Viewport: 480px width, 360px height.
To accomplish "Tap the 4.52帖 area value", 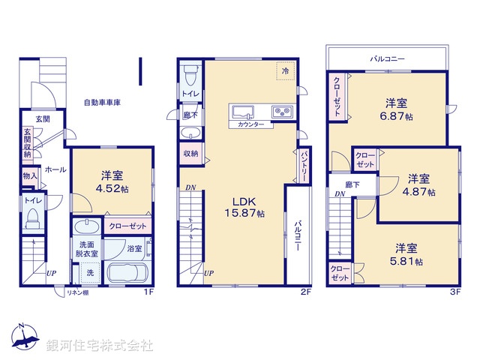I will point(113,189).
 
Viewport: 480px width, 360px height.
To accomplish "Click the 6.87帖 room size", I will point(397,116).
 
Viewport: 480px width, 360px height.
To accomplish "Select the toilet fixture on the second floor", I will point(189,76).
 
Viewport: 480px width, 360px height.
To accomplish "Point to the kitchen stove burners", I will point(284,112).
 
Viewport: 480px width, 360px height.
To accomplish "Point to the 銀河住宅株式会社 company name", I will point(100,345).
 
